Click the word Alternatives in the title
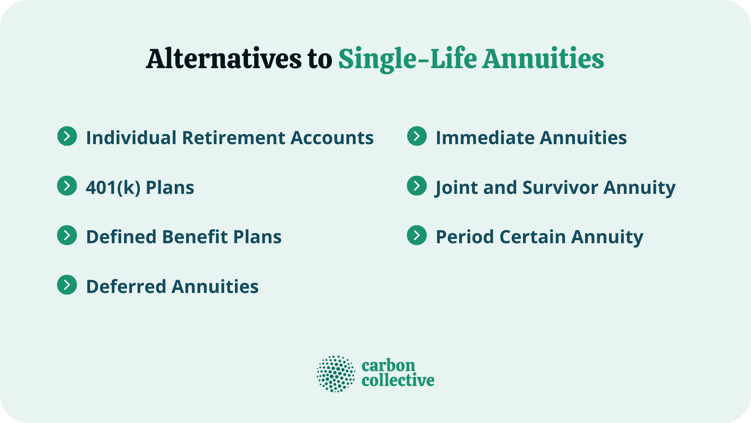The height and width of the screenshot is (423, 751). click(223, 59)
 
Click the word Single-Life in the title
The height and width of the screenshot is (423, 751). click(407, 59)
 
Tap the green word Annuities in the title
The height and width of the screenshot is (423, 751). click(543, 59)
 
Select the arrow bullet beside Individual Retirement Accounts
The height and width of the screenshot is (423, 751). click(67, 136)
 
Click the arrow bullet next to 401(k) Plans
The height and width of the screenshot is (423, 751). click(67, 186)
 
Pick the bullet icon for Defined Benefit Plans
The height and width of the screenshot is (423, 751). click(67, 235)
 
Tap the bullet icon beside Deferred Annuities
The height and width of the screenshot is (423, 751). click(67, 285)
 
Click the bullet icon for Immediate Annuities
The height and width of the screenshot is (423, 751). click(417, 136)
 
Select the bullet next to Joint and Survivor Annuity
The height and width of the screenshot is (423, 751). click(417, 186)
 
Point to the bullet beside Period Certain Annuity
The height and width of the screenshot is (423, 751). click(417, 235)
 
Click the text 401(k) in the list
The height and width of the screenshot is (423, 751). click(113, 188)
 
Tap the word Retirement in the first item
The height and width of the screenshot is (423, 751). click(234, 138)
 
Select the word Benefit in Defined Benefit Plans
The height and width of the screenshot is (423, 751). click(195, 237)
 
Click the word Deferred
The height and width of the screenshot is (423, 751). click(126, 287)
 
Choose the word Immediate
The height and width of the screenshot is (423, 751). click(485, 138)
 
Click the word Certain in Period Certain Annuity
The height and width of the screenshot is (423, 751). click(532, 237)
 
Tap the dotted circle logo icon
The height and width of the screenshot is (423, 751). click(336, 374)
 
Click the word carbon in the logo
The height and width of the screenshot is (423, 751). click(388, 365)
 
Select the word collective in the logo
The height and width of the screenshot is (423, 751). click(398, 380)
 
